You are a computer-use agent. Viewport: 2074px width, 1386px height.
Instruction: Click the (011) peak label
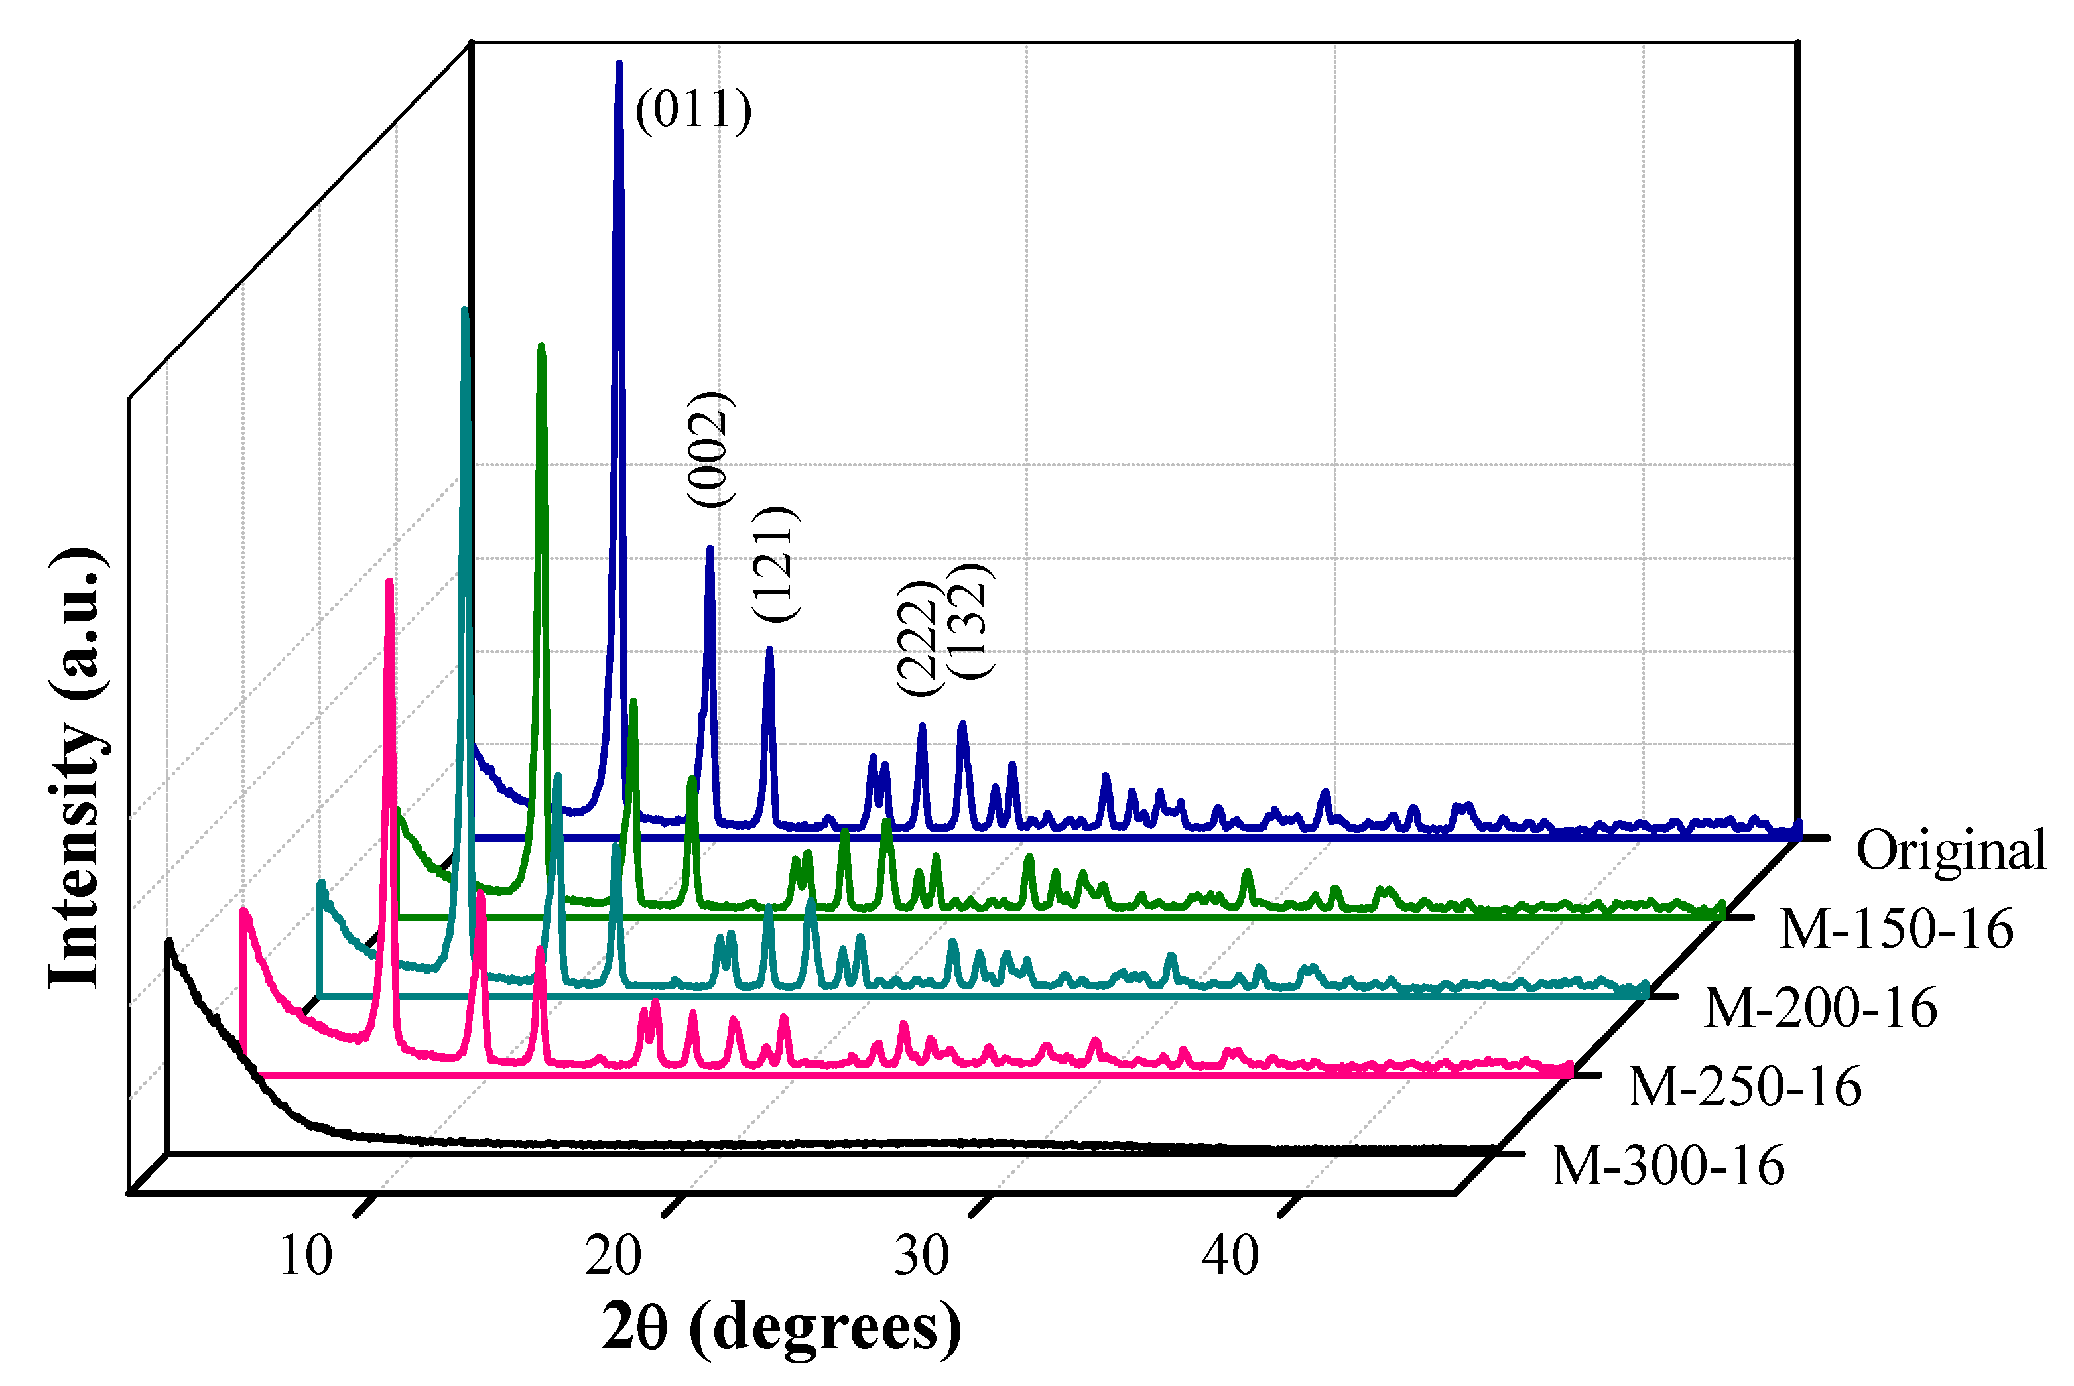[693, 111]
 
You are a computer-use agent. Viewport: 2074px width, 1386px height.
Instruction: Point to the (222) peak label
[916, 638]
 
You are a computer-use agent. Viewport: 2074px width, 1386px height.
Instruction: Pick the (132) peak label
[970, 621]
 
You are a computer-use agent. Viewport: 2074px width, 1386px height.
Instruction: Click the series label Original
[1950, 850]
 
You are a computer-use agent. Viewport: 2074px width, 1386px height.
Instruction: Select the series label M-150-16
[1896, 929]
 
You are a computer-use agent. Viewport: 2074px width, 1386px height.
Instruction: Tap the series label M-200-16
[1819, 1008]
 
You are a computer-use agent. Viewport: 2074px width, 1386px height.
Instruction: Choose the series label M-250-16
[1744, 1086]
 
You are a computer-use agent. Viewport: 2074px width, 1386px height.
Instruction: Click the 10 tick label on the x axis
[305, 1255]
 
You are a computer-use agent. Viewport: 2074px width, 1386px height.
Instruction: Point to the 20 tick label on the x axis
[613, 1255]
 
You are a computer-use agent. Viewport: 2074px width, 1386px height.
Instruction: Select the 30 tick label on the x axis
[921, 1255]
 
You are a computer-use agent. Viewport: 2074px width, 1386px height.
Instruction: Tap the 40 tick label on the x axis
[1230, 1255]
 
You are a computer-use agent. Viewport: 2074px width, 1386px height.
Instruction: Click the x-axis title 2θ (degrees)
[781, 1328]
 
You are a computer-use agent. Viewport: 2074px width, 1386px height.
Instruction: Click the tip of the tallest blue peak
[619, 64]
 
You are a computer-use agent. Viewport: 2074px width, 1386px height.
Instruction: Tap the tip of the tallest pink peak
[389, 582]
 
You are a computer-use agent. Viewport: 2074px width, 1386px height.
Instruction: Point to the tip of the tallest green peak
[541, 346]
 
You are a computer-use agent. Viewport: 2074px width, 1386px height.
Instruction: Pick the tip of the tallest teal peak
[465, 310]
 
